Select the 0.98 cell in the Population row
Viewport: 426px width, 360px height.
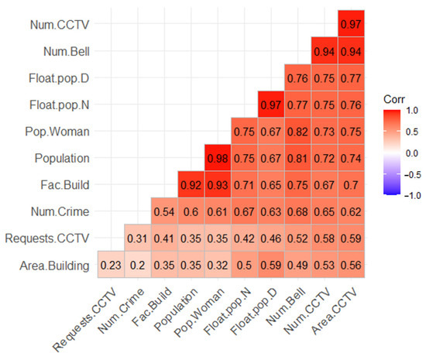217,159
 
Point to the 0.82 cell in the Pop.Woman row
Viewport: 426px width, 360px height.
297,132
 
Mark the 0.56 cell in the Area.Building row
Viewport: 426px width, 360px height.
350,264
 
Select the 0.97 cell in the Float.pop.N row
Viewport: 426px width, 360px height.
270,106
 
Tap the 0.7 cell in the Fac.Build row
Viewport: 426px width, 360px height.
350,185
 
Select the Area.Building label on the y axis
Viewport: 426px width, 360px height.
50,264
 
